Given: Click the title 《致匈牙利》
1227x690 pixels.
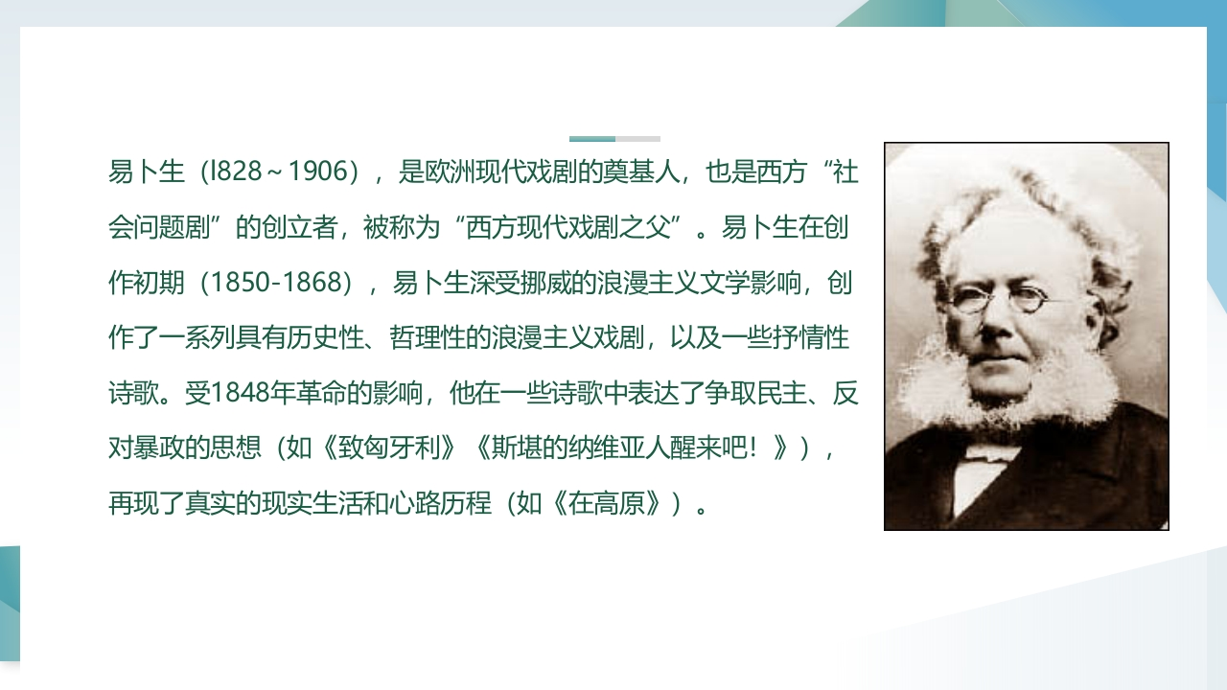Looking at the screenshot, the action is (x=389, y=448).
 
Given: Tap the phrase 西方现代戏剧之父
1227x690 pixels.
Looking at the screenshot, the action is (x=568, y=227).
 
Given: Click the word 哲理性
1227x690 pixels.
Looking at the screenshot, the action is (x=428, y=337).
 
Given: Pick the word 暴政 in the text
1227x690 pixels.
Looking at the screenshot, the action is (x=159, y=448).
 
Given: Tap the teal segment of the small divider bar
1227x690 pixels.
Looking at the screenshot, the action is (x=592, y=139).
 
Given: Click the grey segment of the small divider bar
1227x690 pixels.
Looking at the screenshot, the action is (x=637, y=139).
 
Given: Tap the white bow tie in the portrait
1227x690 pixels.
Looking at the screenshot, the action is (x=991, y=453).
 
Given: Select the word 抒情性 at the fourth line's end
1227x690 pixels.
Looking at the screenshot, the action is (x=811, y=337).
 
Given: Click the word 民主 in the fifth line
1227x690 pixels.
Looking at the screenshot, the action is (x=781, y=393).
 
